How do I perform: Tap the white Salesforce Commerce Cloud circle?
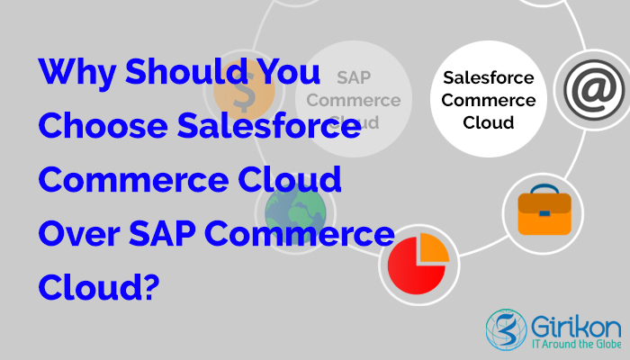click(x=490, y=99)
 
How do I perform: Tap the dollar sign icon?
click(x=241, y=90)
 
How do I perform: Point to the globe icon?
click(x=291, y=209)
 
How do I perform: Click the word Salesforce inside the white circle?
click(x=490, y=79)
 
